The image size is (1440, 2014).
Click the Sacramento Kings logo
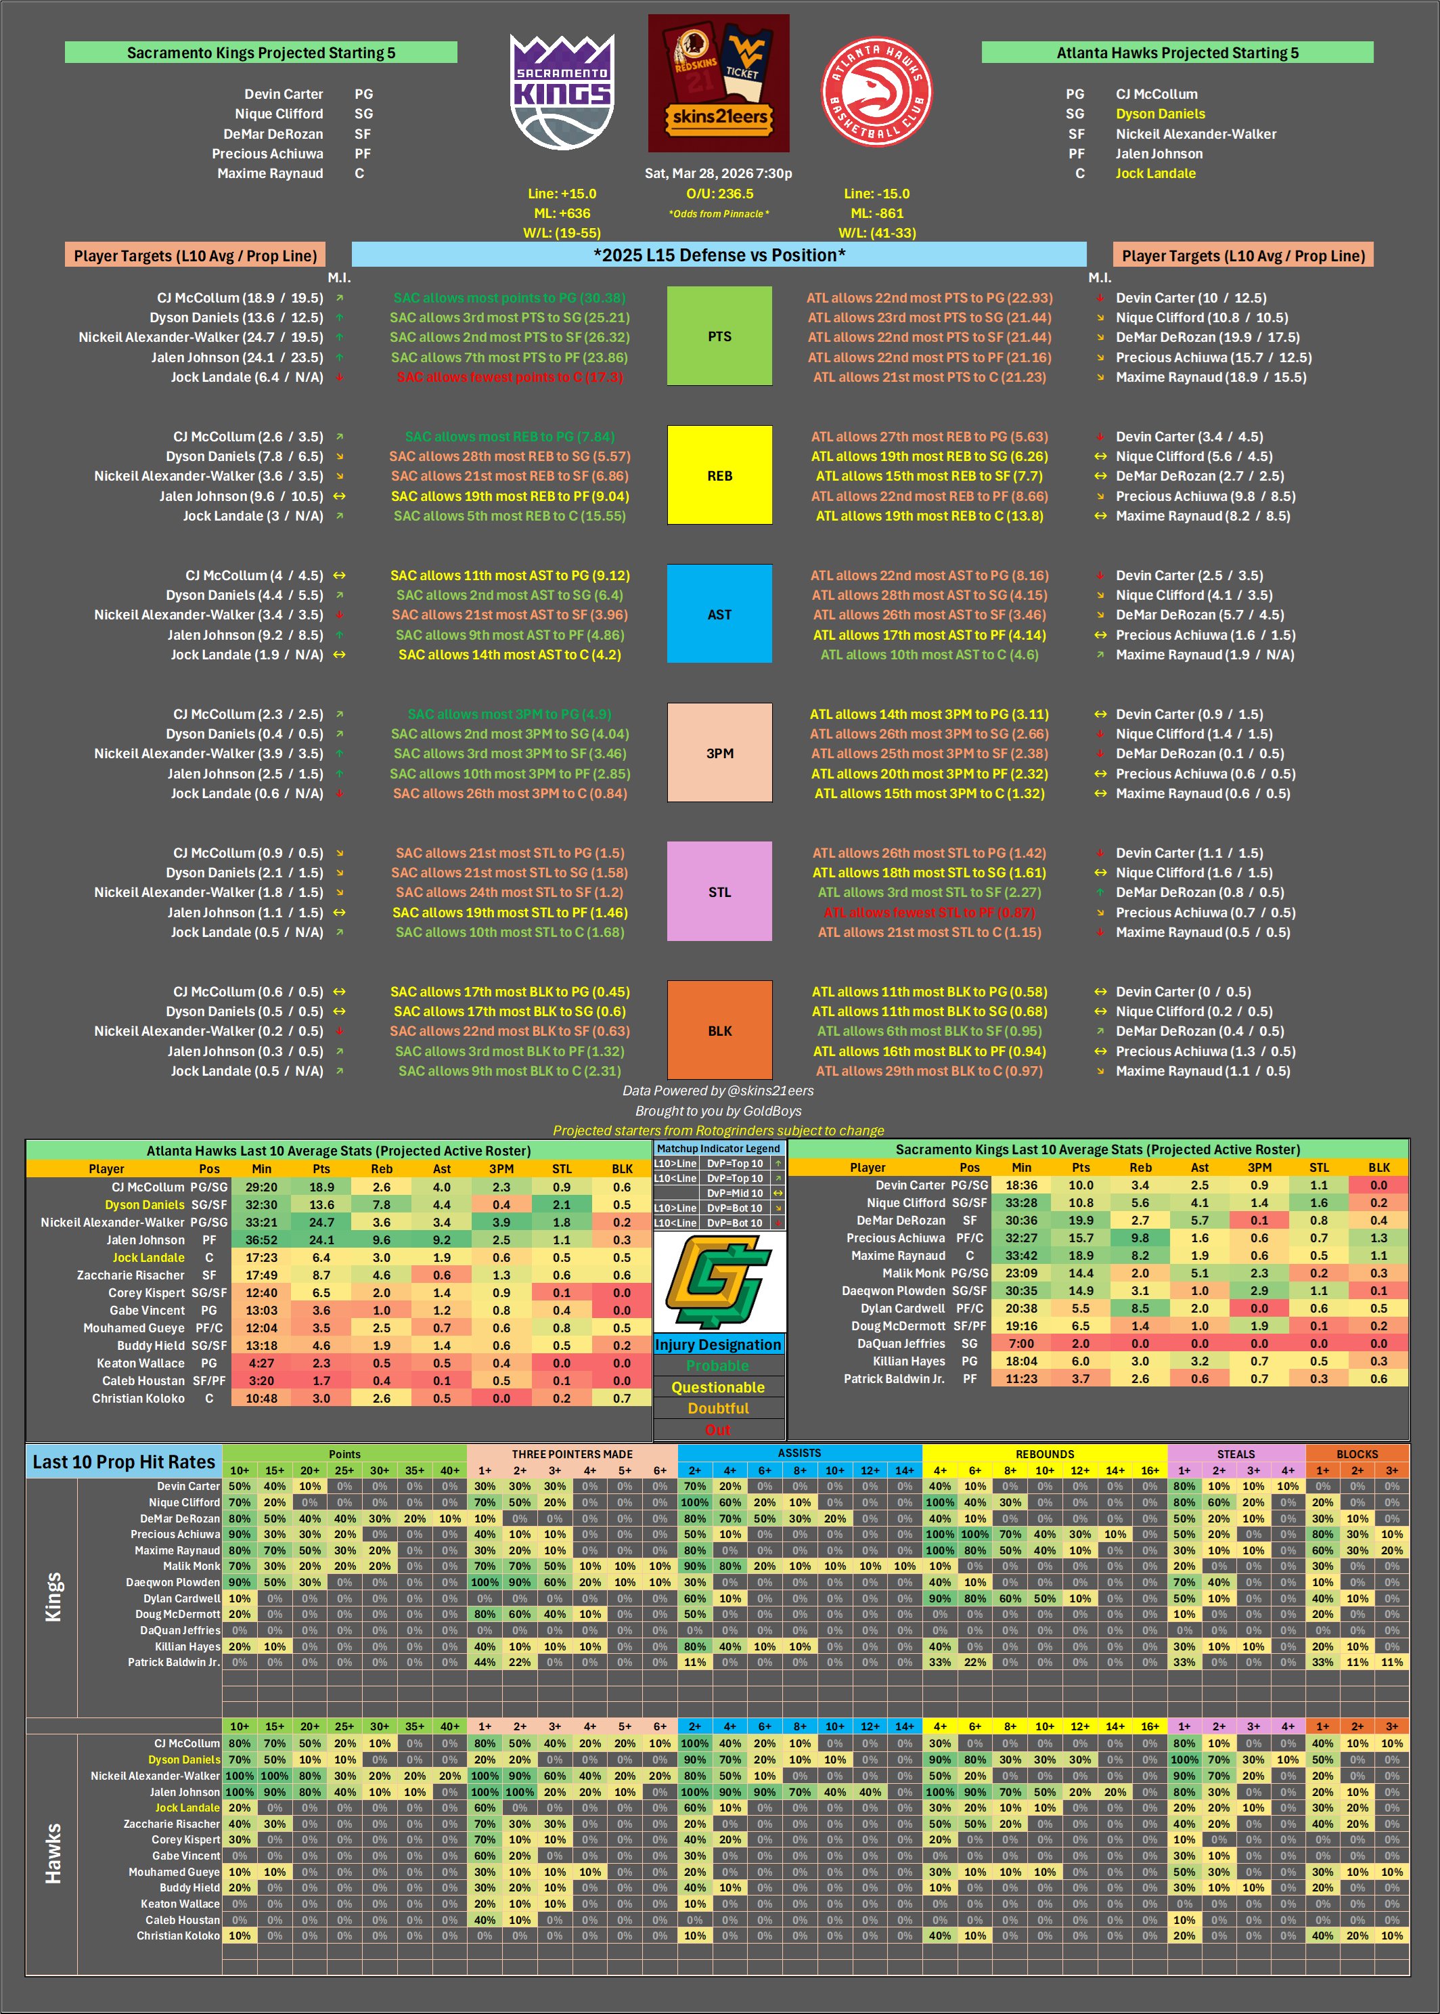(x=562, y=91)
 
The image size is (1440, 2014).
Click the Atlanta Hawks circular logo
(x=876, y=91)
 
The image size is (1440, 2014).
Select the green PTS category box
(x=719, y=336)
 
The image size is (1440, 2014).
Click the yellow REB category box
(x=719, y=475)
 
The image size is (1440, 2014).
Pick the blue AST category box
(x=719, y=614)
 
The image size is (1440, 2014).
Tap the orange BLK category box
(x=719, y=1030)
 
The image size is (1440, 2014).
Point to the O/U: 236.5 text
(x=719, y=194)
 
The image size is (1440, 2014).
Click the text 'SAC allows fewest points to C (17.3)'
(x=510, y=377)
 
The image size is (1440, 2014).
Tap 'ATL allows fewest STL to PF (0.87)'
(x=929, y=912)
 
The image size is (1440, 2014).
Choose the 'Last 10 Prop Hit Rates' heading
(x=124, y=1462)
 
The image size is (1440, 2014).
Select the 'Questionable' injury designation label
(x=718, y=1387)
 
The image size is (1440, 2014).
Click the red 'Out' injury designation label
(x=718, y=1430)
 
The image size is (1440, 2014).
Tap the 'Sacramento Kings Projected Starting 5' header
(x=261, y=52)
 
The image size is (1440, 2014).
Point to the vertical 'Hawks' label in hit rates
(x=53, y=1854)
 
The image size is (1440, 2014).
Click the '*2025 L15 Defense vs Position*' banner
(x=719, y=255)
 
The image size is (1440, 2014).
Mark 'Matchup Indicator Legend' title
(x=718, y=1148)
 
